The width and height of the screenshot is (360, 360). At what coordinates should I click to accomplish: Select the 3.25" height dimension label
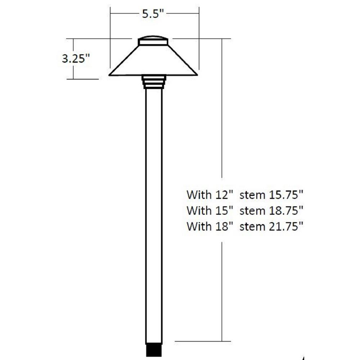point(75,59)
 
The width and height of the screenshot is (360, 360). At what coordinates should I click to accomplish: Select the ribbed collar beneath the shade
point(154,82)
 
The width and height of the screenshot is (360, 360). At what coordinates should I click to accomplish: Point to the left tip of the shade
point(110,75)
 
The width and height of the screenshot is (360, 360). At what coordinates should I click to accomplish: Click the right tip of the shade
point(197,75)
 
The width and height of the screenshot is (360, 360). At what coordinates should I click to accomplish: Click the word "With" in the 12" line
point(199,195)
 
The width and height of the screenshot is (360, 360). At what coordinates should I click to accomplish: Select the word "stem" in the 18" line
point(252,226)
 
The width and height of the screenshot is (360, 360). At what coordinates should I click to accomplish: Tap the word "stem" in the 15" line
point(252,211)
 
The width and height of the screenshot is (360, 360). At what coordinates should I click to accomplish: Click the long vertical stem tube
point(154,216)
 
